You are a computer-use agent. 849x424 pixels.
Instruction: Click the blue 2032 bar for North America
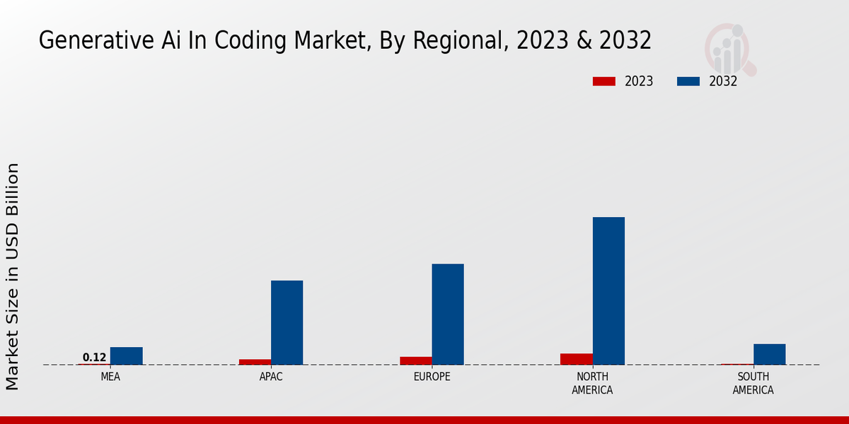point(608,290)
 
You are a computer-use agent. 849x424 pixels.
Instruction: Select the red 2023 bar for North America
point(576,359)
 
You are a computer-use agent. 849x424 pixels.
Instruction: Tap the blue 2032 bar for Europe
point(448,314)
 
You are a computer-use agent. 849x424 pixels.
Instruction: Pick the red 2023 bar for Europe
point(415,360)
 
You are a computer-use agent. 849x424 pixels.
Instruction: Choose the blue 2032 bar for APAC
point(287,322)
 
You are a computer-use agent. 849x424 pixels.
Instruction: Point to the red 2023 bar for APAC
point(255,362)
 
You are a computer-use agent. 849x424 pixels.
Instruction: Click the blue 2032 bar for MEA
point(126,355)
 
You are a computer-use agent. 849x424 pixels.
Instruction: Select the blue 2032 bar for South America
point(769,354)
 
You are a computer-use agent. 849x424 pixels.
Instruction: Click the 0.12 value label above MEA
point(94,358)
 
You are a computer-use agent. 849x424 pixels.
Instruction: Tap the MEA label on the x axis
point(110,377)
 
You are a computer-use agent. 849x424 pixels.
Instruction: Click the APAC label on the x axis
point(271,377)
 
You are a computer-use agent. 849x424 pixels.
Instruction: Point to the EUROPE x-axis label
point(432,377)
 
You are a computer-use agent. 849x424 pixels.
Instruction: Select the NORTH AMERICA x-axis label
point(592,383)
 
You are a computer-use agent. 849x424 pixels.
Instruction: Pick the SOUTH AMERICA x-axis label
point(753,383)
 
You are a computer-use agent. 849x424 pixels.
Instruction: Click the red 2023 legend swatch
point(603,81)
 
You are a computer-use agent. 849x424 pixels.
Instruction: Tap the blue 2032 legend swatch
point(688,81)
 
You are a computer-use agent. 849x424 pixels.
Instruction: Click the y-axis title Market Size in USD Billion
point(13,276)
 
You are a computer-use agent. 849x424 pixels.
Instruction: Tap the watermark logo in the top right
point(729,49)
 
